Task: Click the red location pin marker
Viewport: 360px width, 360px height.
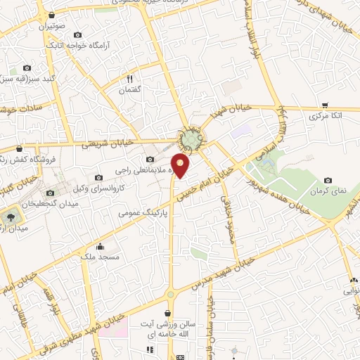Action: click(x=181, y=165)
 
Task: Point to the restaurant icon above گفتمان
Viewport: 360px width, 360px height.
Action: click(x=130, y=79)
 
